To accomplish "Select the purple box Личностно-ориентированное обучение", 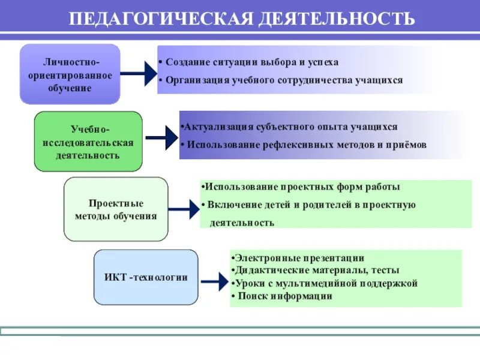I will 70,74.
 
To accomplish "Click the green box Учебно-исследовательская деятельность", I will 88,142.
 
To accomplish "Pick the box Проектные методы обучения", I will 116,209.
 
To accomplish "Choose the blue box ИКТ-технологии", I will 146,277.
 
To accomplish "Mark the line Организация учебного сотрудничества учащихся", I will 281,80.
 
